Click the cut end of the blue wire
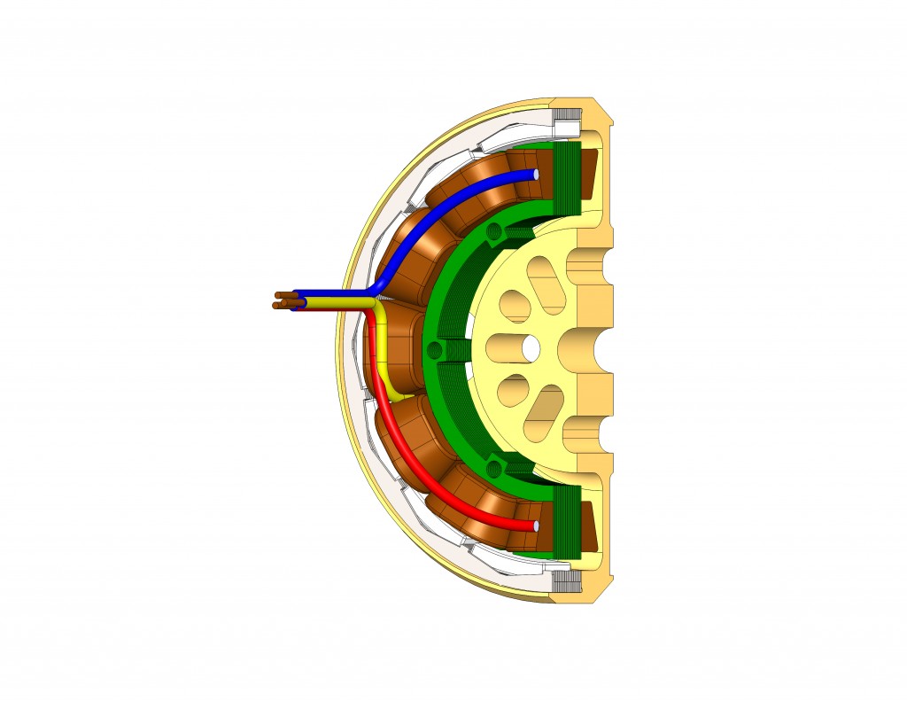(x=534, y=173)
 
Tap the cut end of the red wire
(x=534, y=526)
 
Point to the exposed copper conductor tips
(x=283, y=300)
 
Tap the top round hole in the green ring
(x=494, y=233)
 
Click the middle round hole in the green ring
(x=433, y=348)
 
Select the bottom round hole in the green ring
(x=494, y=463)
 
